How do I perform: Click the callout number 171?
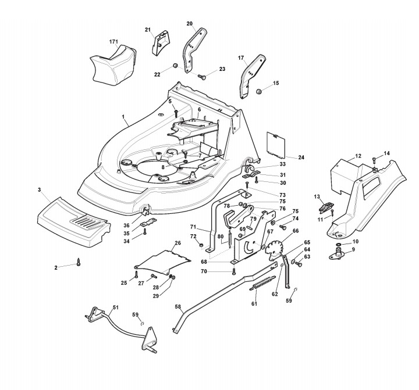113,42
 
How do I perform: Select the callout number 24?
301,158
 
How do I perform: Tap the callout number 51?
115,307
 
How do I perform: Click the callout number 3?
39,189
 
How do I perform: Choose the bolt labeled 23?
201,76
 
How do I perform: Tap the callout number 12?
358,156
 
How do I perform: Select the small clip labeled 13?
325,204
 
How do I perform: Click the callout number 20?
190,24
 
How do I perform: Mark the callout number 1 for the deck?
123,118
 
